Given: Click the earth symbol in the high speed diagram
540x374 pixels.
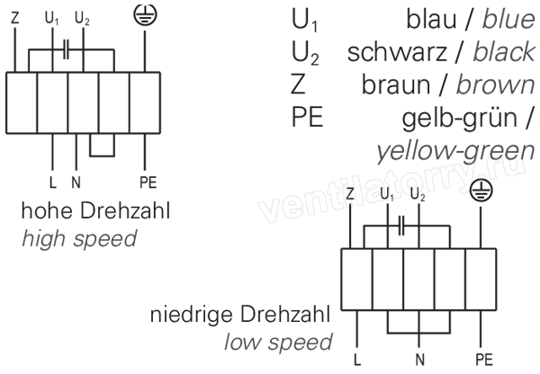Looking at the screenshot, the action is tap(145, 14).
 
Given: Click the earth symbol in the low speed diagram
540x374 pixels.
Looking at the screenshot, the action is tap(481, 191).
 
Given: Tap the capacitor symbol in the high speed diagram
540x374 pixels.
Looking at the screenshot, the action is tap(67, 49).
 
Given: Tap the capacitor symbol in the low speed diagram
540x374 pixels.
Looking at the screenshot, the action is tap(401, 226).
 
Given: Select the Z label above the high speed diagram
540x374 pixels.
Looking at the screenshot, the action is tap(14, 18).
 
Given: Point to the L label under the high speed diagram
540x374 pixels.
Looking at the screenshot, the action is tap(53, 183).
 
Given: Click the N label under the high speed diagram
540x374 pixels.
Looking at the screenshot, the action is tap(76, 183).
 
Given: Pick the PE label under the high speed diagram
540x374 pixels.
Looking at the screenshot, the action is tap(148, 183).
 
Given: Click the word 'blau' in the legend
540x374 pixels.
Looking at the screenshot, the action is tap(431, 19).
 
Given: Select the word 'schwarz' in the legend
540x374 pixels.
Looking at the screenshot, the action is tap(397, 53).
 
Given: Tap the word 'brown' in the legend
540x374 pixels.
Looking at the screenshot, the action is tap(496, 85).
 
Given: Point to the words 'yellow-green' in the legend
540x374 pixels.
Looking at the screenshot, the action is tap(455, 152).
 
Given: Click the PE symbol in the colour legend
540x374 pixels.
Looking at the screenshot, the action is tap(307, 118).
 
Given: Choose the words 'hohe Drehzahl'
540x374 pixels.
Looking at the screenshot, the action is tap(95, 210).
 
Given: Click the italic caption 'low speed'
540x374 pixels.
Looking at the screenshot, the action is tap(278, 343).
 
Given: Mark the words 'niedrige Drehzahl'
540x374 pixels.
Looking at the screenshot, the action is tap(240, 314).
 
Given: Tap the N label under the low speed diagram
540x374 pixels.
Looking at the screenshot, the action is tap(419, 360).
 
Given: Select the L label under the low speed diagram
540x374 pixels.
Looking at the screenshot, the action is tap(357, 360).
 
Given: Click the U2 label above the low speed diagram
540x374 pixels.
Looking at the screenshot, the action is tap(418, 195).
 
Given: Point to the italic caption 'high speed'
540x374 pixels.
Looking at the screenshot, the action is tap(79, 239).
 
